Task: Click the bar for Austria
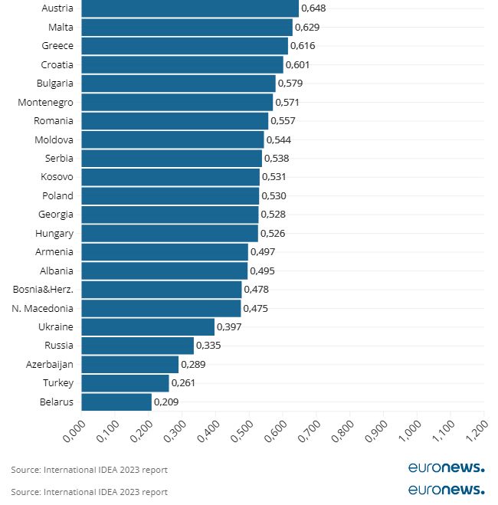(190, 8)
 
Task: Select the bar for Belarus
(116, 402)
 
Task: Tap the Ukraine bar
(148, 326)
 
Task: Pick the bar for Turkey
(125, 382)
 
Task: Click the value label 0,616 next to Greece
(303, 46)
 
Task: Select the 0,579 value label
(290, 83)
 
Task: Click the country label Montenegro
(46, 102)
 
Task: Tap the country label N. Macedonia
(43, 308)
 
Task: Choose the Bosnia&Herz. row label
(44, 290)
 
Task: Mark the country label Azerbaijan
(50, 364)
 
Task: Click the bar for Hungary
(170, 233)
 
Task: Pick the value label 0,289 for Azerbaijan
(193, 364)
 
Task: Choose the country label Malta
(61, 27)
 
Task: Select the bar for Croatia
(182, 64)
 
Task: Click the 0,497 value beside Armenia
(263, 252)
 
